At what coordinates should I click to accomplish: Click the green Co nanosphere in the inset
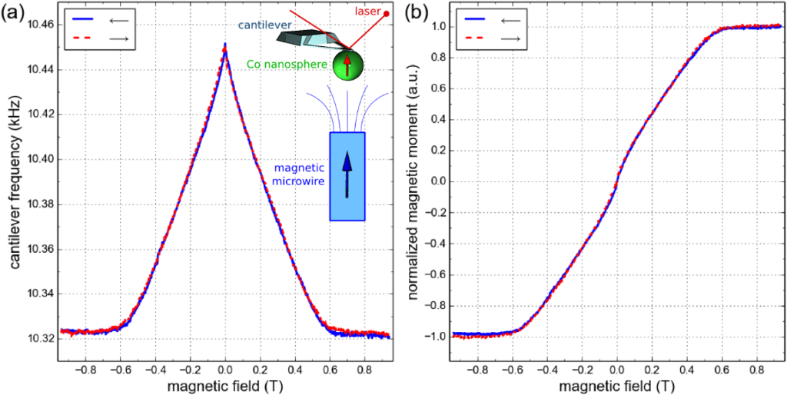click(347, 65)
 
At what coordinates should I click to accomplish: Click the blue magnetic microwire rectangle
click(347, 176)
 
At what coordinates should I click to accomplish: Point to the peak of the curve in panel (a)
click(224, 46)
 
